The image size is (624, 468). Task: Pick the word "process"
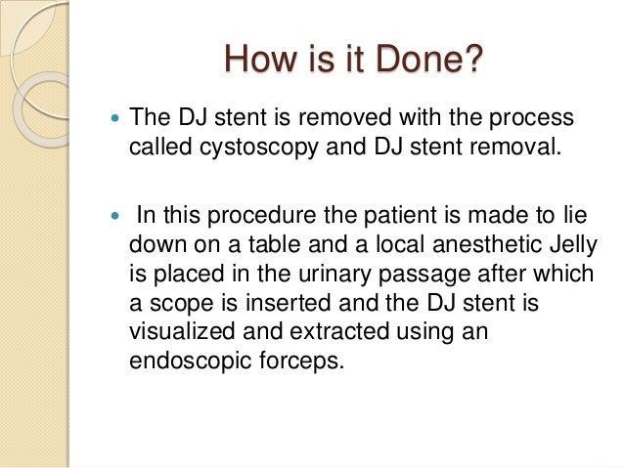click(532, 119)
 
